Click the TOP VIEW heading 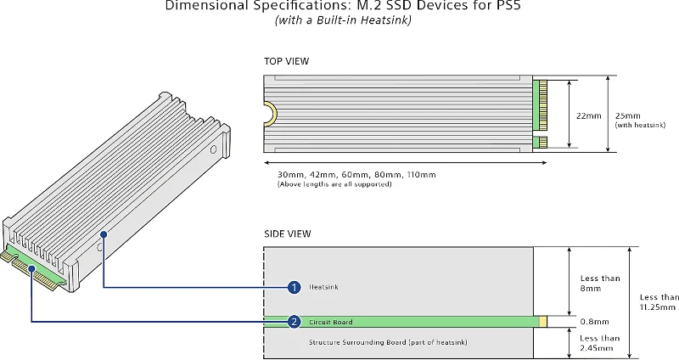point(287,61)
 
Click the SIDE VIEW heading point(288,233)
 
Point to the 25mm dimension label point(629,115)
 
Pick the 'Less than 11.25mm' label point(659,303)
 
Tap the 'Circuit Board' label point(331,323)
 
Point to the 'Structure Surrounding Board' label point(379,341)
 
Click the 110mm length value point(422,175)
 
